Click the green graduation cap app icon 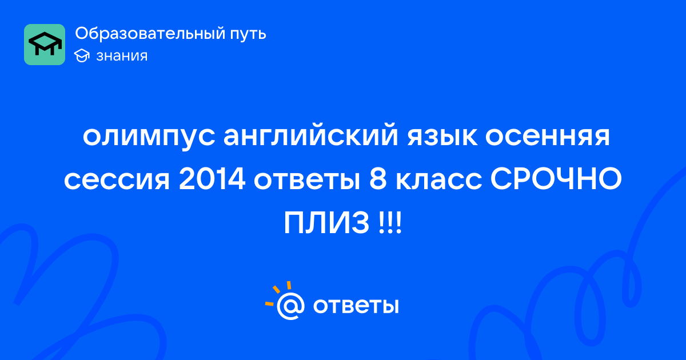pyautogui.click(x=45, y=45)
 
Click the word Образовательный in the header pyautogui.click(x=150, y=33)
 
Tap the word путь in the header pyautogui.click(x=248, y=34)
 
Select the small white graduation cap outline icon pyautogui.click(x=82, y=56)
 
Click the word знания pyautogui.click(x=122, y=56)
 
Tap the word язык pyautogui.click(x=442, y=136)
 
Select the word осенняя pyautogui.click(x=548, y=136)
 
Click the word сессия pyautogui.click(x=117, y=180)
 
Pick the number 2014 pyautogui.click(x=212, y=179)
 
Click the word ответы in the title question pyautogui.click(x=307, y=180)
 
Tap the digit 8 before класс pyautogui.click(x=378, y=179)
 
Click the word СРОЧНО pyautogui.click(x=556, y=179)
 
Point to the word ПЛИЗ pyautogui.click(x=326, y=223)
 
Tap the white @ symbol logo pyautogui.click(x=290, y=306)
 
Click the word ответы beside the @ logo pyautogui.click(x=356, y=306)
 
